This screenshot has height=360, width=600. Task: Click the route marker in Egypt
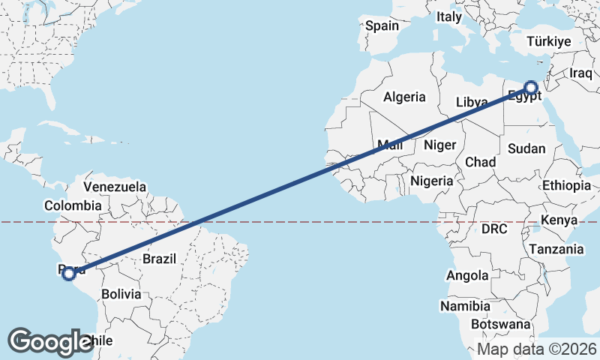[531, 88]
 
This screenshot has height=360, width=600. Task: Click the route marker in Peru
[69, 274]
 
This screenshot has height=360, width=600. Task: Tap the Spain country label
[382, 25]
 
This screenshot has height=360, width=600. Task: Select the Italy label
[449, 16]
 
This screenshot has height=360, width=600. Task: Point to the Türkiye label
[549, 41]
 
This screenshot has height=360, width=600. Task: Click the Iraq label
[580, 73]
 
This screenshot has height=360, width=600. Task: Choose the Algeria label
[404, 97]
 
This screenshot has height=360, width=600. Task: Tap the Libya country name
[472, 101]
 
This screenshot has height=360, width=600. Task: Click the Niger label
[439, 145]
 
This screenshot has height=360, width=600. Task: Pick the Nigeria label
[432, 181]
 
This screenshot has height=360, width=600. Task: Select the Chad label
[480, 162]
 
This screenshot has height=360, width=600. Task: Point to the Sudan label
[526, 148]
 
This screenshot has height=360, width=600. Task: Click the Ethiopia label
[566, 185]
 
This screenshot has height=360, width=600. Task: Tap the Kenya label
[559, 220]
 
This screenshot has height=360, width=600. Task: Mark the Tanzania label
[556, 249]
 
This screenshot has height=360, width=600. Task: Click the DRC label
[495, 228]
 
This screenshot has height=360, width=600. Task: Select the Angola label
[467, 276]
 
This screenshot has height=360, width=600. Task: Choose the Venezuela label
[115, 186]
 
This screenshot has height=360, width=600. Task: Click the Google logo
[50, 342]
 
